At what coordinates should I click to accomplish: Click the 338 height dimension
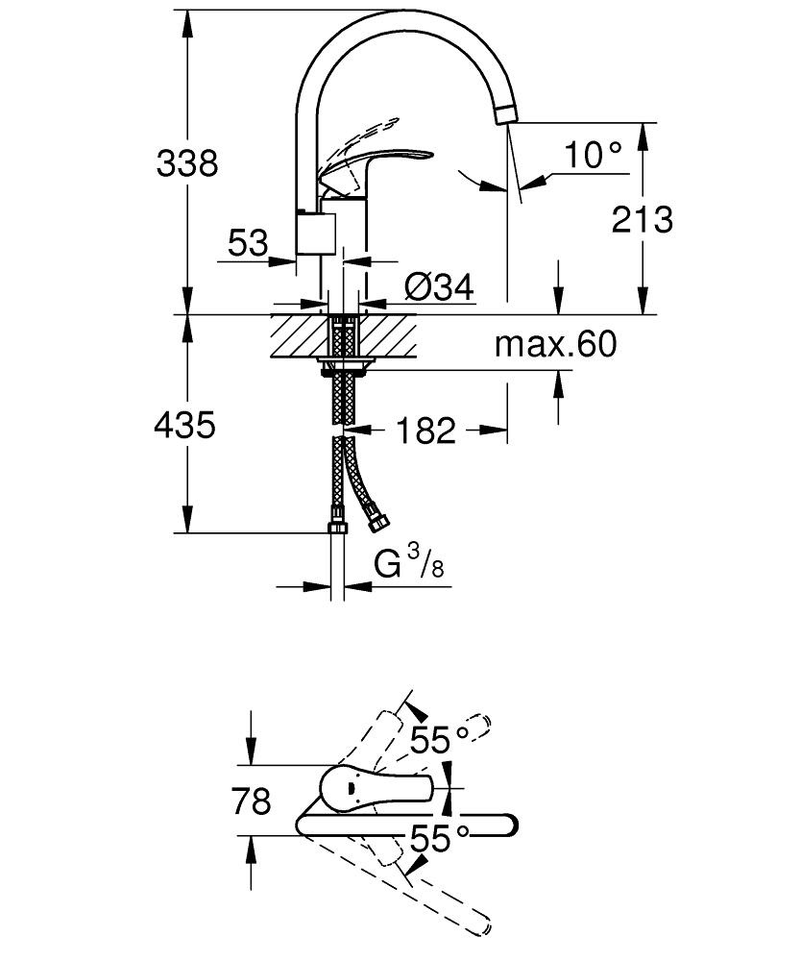coord(188,163)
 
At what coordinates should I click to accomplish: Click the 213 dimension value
coord(643,220)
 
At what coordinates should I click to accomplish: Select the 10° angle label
coord(593,154)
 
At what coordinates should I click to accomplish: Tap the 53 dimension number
coord(249,243)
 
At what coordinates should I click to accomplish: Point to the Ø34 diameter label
coord(440,287)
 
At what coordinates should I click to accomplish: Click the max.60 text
coord(555,343)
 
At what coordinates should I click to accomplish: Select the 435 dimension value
coord(184,424)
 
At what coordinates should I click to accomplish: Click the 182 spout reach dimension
coord(425,431)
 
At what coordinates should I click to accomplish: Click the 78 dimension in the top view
coord(252,801)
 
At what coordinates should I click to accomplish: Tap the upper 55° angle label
coord(438,740)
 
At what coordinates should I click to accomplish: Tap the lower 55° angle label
coord(438,838)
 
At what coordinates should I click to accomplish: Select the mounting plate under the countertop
coord(344,364)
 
